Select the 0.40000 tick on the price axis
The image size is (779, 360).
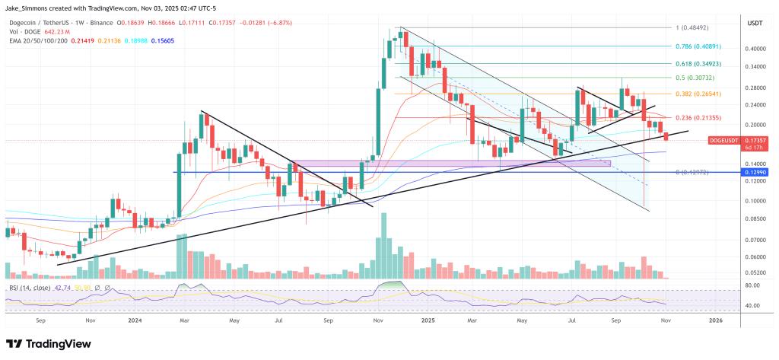click(756, 49)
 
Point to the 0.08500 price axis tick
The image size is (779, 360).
click(756, 218)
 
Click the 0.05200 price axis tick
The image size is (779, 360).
click(756, 272)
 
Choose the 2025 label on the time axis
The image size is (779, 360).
click(428, 321)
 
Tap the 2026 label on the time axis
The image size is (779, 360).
click(715, 321)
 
